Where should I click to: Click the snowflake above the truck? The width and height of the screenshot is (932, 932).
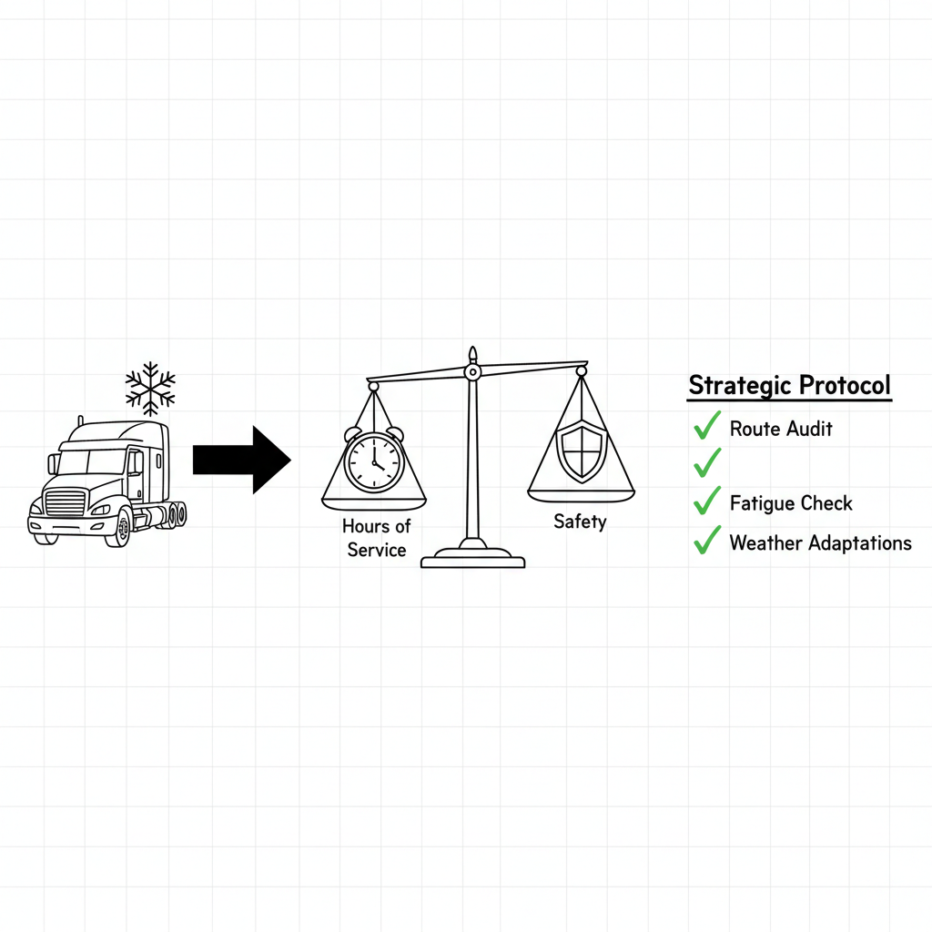150,389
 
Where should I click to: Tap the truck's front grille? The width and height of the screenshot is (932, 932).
65,505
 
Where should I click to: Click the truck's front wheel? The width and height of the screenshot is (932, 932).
117,528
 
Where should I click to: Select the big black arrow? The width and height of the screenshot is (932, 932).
241,460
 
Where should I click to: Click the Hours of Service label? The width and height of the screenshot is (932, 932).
376,538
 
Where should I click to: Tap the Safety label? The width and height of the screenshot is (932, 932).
579,522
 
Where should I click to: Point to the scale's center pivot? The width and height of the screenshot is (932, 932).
471,371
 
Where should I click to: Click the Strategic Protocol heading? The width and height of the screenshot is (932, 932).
789,385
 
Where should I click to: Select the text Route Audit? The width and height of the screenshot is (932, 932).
781,429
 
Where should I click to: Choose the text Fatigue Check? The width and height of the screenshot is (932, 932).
791,503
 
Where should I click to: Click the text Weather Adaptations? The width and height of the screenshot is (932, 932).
820,543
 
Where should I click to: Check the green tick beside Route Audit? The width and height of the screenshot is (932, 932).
706,425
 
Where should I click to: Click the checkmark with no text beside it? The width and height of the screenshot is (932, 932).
706,462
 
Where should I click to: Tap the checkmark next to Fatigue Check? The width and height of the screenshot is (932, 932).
706,501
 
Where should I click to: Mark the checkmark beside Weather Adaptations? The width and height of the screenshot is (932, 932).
706,542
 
